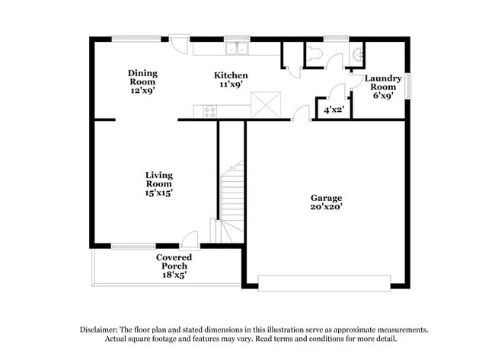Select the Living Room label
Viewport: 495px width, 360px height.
tap(159, 180)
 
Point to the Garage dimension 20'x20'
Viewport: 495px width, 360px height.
tap(326, 206)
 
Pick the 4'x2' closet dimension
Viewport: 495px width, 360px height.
tap(334, 110)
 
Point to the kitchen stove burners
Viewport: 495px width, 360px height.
tap(211, 111)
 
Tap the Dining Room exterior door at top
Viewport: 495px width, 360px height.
tap(179, 42)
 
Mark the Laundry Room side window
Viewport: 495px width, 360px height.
tap(408, 84)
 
